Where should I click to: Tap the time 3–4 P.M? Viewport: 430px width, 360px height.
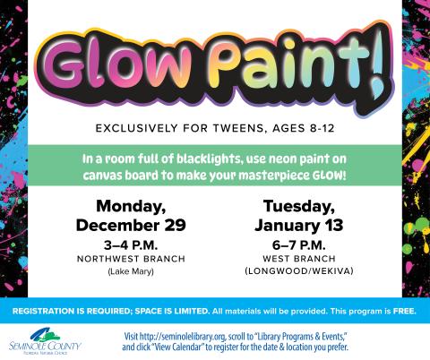[133, 243]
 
